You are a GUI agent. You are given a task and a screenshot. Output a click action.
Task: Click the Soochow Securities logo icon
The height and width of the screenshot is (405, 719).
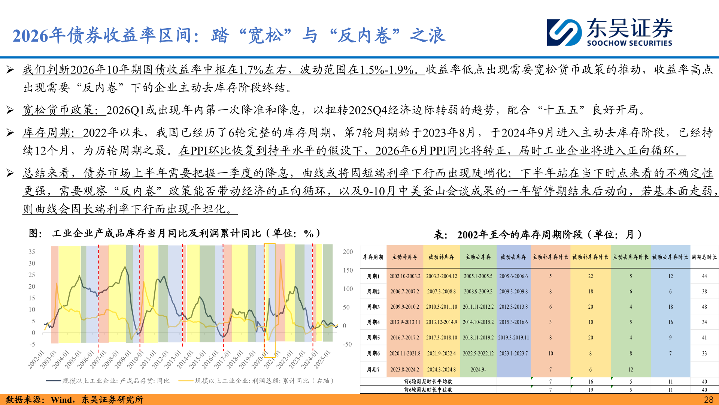click(x=564, y=33)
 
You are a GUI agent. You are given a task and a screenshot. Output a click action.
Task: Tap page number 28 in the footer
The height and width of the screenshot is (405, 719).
click(x=709, y=400)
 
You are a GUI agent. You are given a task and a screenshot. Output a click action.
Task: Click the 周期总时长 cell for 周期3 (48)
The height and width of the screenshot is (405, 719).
click(x=704, y=307)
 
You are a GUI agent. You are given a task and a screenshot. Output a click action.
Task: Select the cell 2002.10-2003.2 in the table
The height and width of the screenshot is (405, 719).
click(x=405, y=276)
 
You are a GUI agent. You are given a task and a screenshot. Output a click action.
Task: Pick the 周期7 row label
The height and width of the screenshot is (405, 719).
click(x=373, y=370)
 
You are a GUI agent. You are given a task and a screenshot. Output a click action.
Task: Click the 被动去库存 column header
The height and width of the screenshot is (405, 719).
click(x=513, y=257)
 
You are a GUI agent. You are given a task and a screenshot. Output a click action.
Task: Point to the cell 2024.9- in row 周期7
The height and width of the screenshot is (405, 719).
click(x=478, y=370)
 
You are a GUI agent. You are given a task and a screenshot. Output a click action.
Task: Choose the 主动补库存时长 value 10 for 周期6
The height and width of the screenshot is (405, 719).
click(x=550, y=354)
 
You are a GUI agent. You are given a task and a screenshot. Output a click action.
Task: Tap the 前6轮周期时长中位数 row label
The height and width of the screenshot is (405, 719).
click(x=428, y=390)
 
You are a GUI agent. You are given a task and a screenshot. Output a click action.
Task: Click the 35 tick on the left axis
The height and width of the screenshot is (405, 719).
click(x=32, y=252)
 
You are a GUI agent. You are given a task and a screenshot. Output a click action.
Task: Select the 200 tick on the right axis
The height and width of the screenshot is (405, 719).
click(x=348, y=252)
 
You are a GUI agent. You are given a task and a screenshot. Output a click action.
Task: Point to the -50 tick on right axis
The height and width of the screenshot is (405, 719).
click(x=347, y=344)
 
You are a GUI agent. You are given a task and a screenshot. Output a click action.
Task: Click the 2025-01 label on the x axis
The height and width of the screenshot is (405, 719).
click(x=322, y=360)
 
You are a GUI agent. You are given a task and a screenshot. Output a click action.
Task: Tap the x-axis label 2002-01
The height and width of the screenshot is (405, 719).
click(x=36, y=360)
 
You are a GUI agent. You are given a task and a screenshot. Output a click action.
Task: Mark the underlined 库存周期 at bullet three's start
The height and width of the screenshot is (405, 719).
click(x=47, y=133)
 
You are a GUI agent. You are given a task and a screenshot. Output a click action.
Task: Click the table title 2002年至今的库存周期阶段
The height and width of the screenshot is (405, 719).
click(x=520, y=235)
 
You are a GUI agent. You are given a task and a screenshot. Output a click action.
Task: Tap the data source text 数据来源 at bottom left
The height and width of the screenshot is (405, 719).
click(x=23, y=400)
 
